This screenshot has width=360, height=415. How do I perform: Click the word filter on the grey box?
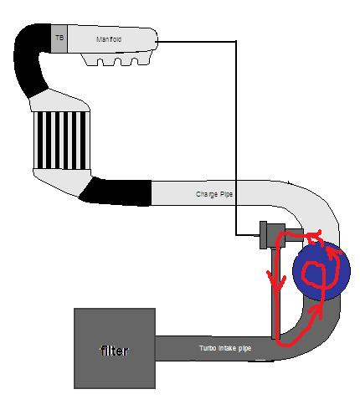tap(114, 351)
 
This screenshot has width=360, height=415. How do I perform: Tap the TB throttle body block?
tap(59, 38)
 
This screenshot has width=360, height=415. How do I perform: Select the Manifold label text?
tap(109, 39)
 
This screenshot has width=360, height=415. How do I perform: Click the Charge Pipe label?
tap(214, 194)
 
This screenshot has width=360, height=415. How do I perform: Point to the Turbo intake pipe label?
tap(225, 348)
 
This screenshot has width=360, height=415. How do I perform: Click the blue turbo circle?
tap(321, 271)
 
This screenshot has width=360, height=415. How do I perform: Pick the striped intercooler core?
tap(62, 140)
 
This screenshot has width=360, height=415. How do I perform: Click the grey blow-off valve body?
tap(275, 235)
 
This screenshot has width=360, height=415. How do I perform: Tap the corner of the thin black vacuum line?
tap(236, 42)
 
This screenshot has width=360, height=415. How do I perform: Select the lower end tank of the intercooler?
tap(61, 180)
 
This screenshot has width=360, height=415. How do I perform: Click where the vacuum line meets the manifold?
tap(157, 42)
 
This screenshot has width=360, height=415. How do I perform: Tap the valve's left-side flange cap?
tap(263, 235)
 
